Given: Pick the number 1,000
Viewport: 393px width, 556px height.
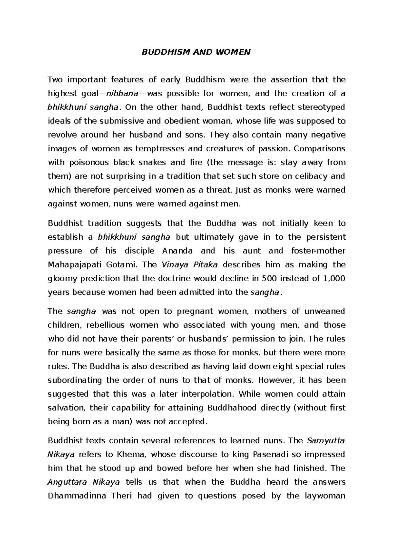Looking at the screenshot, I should click(334, 278).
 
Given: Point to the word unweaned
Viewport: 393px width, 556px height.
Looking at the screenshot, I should click(325, 311).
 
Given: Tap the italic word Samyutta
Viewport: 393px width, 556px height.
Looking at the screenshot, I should click(326, 441).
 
